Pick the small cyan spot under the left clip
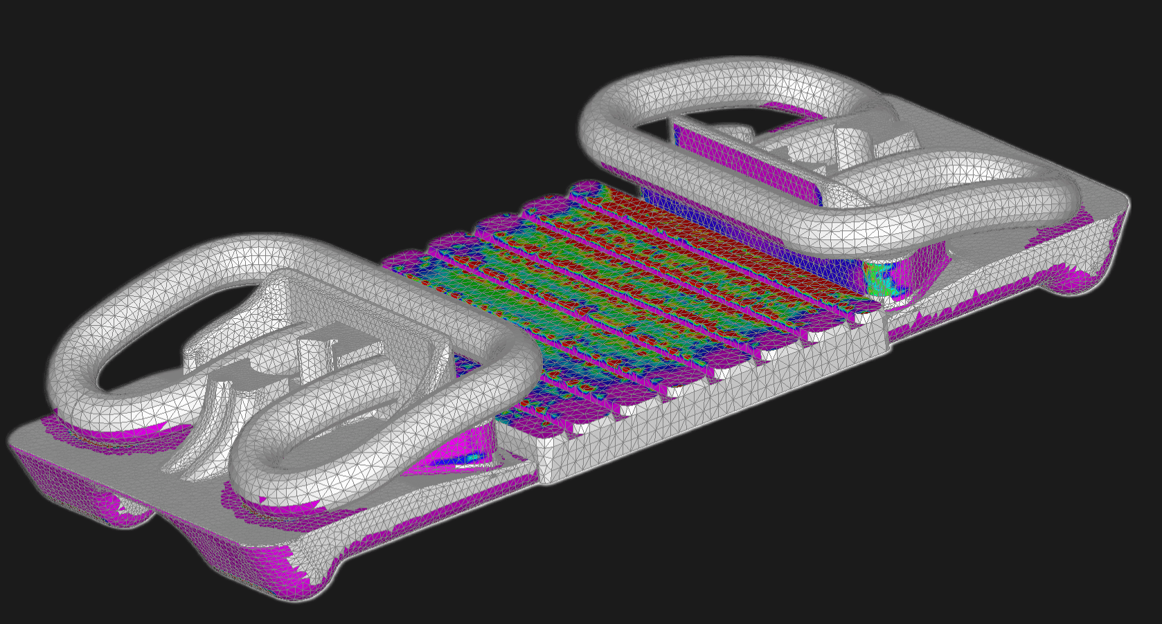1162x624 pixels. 474,457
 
